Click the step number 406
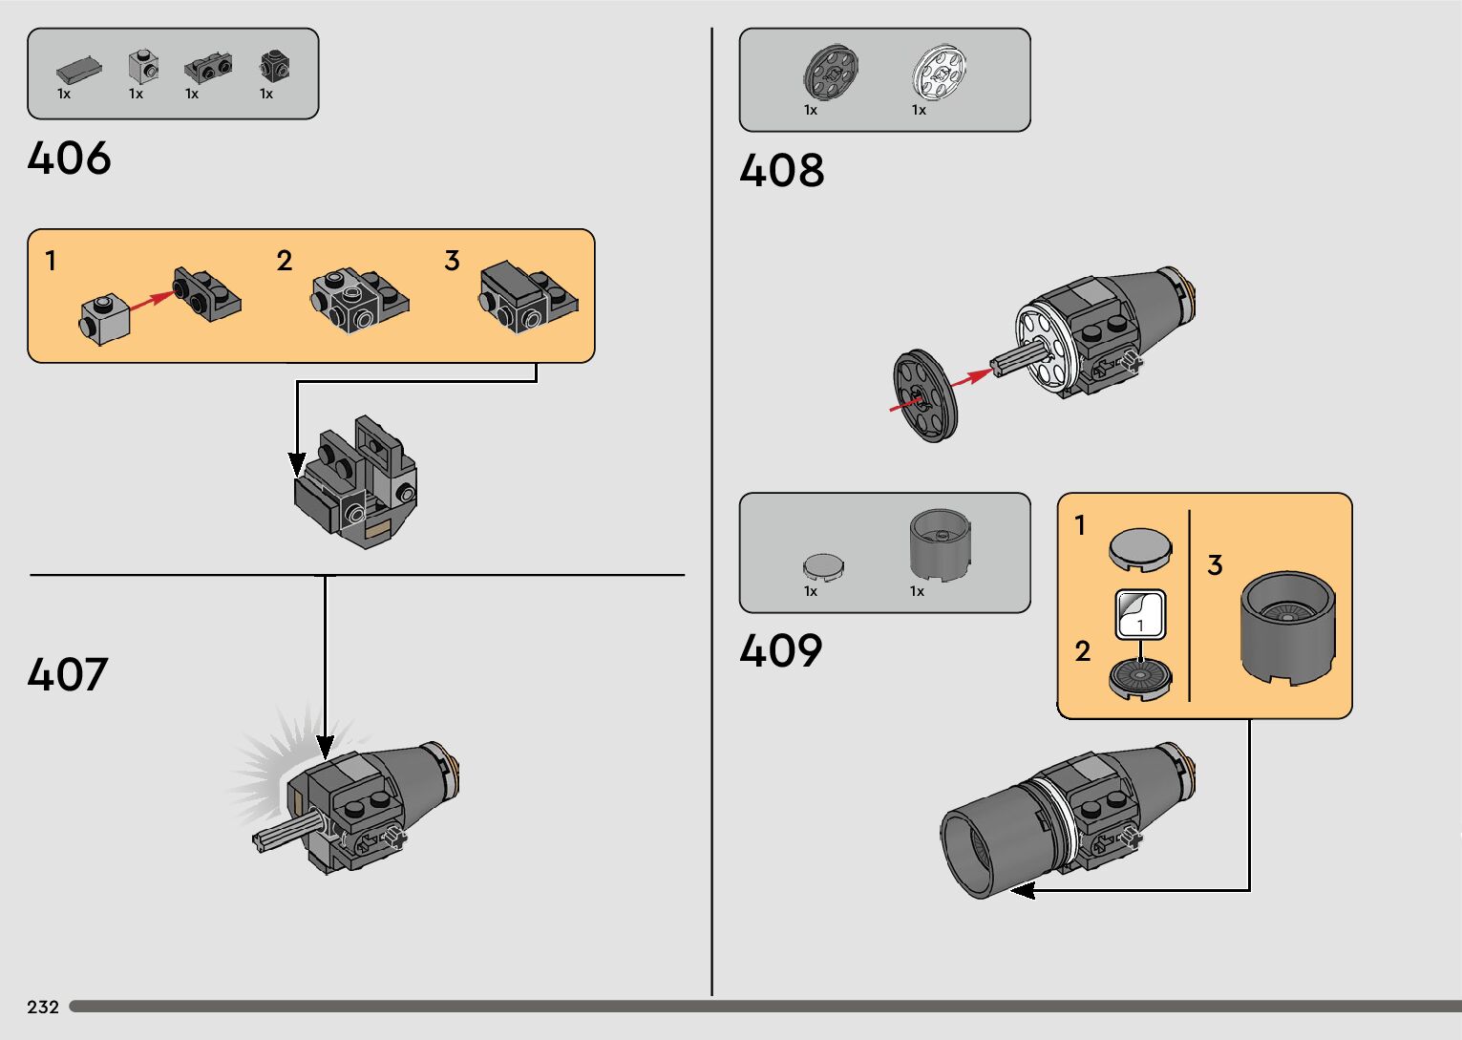[x=69, y=159]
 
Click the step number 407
[x=67, y=674]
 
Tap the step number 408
[x=781, y=171]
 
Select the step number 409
[x=780, y=651]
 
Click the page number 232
[x=43, y=1007]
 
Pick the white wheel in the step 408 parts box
[x=940, y=73]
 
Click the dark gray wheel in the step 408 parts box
[x=831, y=73]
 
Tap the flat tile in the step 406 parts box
[x=79, y=69]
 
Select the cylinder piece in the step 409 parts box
[x=940, y=546]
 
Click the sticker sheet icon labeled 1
[x=1140, y=614]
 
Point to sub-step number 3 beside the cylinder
[x=1215, y=565]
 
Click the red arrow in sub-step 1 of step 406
[x=150, y=302]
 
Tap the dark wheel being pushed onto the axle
[x=924, y=393]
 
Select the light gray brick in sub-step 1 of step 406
[x=105, y=318]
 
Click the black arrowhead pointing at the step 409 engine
[x=1023, y=890]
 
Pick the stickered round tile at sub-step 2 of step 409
[x=1140, y=677]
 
